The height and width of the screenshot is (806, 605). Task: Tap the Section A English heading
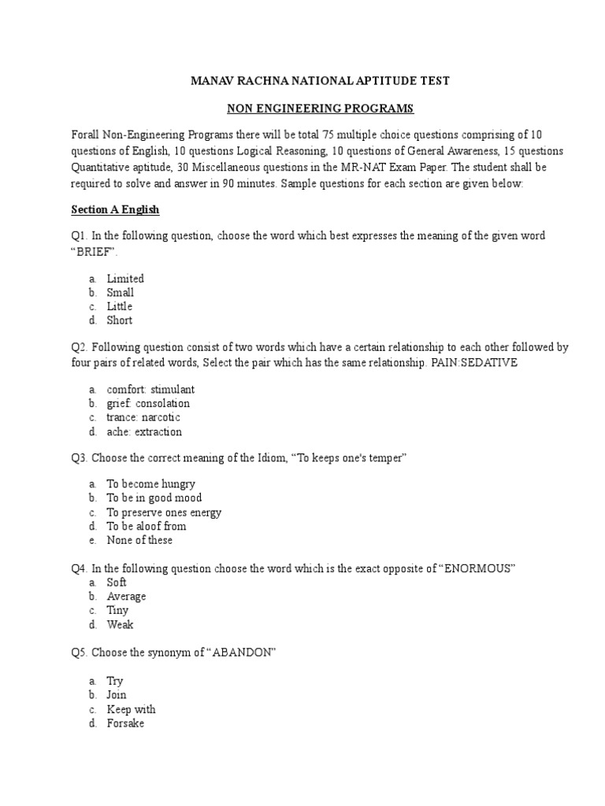115,209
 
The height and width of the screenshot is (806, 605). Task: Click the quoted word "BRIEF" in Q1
94,250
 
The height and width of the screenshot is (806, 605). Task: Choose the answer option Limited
125,279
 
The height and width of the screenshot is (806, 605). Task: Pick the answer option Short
120,320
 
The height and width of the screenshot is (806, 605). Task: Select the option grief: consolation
148,404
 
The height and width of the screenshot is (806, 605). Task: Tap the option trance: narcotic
144,417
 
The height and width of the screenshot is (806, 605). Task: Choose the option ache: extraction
144,431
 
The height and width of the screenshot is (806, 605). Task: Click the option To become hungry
151,484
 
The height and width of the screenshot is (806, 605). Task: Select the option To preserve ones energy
164,512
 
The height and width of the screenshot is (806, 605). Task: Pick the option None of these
139,540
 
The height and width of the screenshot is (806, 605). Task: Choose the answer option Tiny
117,610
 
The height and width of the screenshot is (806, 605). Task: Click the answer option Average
126,596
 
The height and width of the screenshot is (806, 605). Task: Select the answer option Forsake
125,723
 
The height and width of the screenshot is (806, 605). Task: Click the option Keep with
131,709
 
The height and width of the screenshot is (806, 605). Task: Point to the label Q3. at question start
80,458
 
